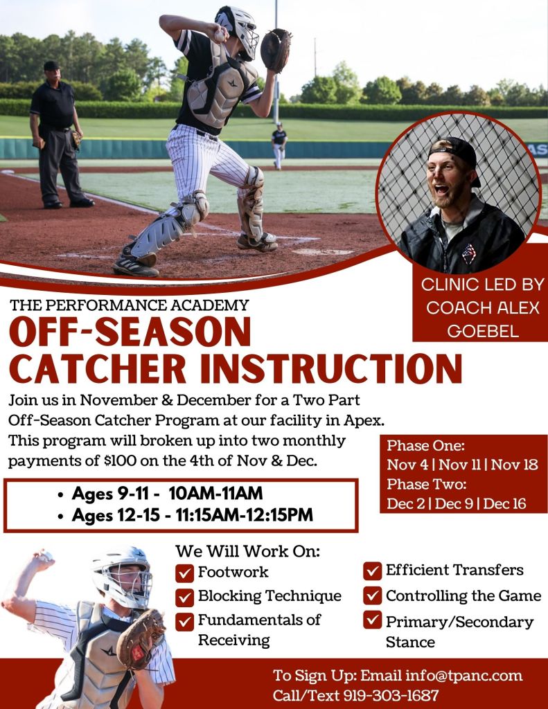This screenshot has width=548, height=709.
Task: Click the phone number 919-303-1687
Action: coord(391,695)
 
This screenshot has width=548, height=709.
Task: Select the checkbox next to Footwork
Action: coord(185,573)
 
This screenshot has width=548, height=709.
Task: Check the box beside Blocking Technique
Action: coord(185,597)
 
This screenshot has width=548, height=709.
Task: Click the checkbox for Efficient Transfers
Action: coord(373,571)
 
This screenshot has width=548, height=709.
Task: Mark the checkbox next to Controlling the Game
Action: coord(373,595)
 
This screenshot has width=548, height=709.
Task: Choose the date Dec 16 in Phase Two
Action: coord(505,503)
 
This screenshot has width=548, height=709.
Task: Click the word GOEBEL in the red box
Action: coord(483,331)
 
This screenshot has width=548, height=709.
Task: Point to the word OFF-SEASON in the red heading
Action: coord(130,333)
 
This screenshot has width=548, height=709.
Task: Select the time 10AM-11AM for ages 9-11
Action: coord(215,494)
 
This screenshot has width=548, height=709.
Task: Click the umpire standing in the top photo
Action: coord(58,135)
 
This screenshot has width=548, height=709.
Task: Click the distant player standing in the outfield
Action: coord(279,144)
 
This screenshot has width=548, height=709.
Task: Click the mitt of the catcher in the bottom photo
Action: coord(140,637)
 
